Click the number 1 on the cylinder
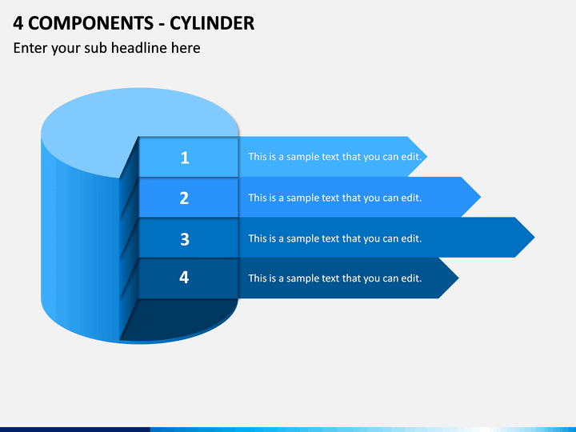pyautogui.click(x=185, y=158)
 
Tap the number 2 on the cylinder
pyautogui.click(x=185, y=198)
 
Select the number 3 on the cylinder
pyautogui.click(x=185, y=239)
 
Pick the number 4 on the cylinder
pyautogui.click(x=184, y=277)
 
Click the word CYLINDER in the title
pyautogui.click(x=212, y=23)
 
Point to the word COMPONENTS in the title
pyautogui.click(x=90, y=23)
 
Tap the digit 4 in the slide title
pyautogui.click(x=18, y=23)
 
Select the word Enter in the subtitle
pyautogui.click(x=30, y=48)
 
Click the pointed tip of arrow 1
pyautogui.click(x=427, y=157)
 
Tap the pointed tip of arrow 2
pyautogui.click(x=481, y=197)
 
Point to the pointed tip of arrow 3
pyautogui.click(x=535, y=238)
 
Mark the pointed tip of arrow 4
pyautogui.click(x=459, y=278)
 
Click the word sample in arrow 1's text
pyautogui.click(x=302, y=157)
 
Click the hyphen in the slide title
pyautogui.click(x=162, y=25)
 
